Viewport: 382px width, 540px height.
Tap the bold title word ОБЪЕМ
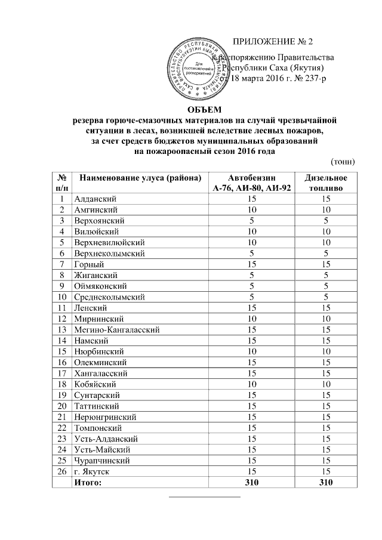[x=204, y=109]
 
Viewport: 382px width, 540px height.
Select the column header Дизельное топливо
[x=326, y=183]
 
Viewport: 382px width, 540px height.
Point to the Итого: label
[x=88, y=483]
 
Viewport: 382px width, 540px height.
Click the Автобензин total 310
[x=252, y=483]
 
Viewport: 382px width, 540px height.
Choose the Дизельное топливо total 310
[x=326, y=483]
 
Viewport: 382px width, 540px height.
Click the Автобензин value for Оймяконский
[x=252, y=286]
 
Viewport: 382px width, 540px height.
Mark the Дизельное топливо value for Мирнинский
[x=326, y=319]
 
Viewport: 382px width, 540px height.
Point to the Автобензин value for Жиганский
[x=252, y=275]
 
